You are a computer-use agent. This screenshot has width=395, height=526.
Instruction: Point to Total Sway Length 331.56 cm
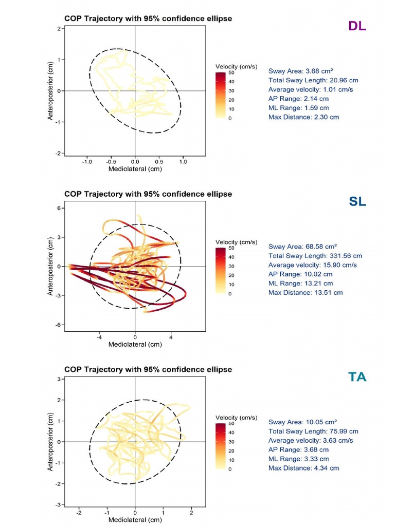point(315,255)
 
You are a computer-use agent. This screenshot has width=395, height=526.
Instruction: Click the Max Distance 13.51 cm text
point(306,292)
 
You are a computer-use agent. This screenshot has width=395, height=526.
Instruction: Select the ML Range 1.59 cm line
point(298,108)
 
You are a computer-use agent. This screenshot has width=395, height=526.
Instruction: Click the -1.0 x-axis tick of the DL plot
point(86,161)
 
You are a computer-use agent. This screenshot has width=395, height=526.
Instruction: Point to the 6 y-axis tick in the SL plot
point(60,208)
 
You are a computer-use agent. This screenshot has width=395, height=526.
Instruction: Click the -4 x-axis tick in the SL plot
point(99,336)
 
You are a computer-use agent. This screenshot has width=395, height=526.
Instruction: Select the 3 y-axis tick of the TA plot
point(60,379)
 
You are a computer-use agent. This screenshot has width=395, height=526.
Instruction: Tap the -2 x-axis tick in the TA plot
point(79,512)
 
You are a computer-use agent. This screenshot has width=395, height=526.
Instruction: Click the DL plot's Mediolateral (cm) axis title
point(135,168)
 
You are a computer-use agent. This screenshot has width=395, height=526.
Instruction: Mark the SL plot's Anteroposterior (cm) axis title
point(50,266)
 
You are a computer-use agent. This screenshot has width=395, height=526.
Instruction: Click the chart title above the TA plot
point(148,369)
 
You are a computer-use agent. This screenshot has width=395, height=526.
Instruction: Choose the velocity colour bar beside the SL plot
point(220,271)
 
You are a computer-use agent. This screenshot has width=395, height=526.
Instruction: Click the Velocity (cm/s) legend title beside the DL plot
point(237,67)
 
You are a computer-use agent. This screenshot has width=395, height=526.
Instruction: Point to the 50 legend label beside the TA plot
point(231,424)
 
